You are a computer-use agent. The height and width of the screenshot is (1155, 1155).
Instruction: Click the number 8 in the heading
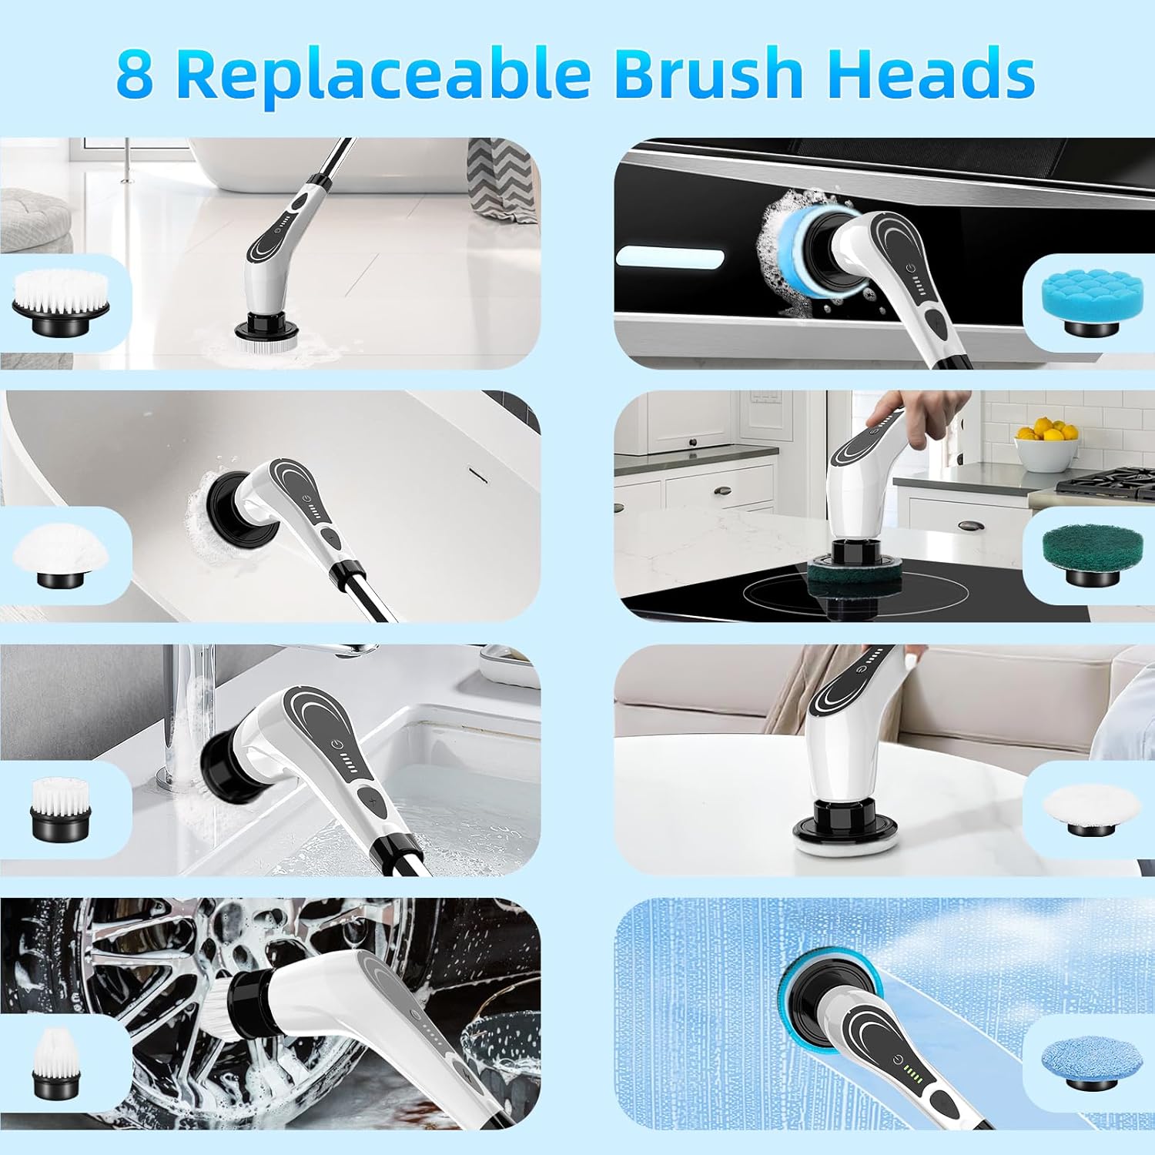point(135,74)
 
